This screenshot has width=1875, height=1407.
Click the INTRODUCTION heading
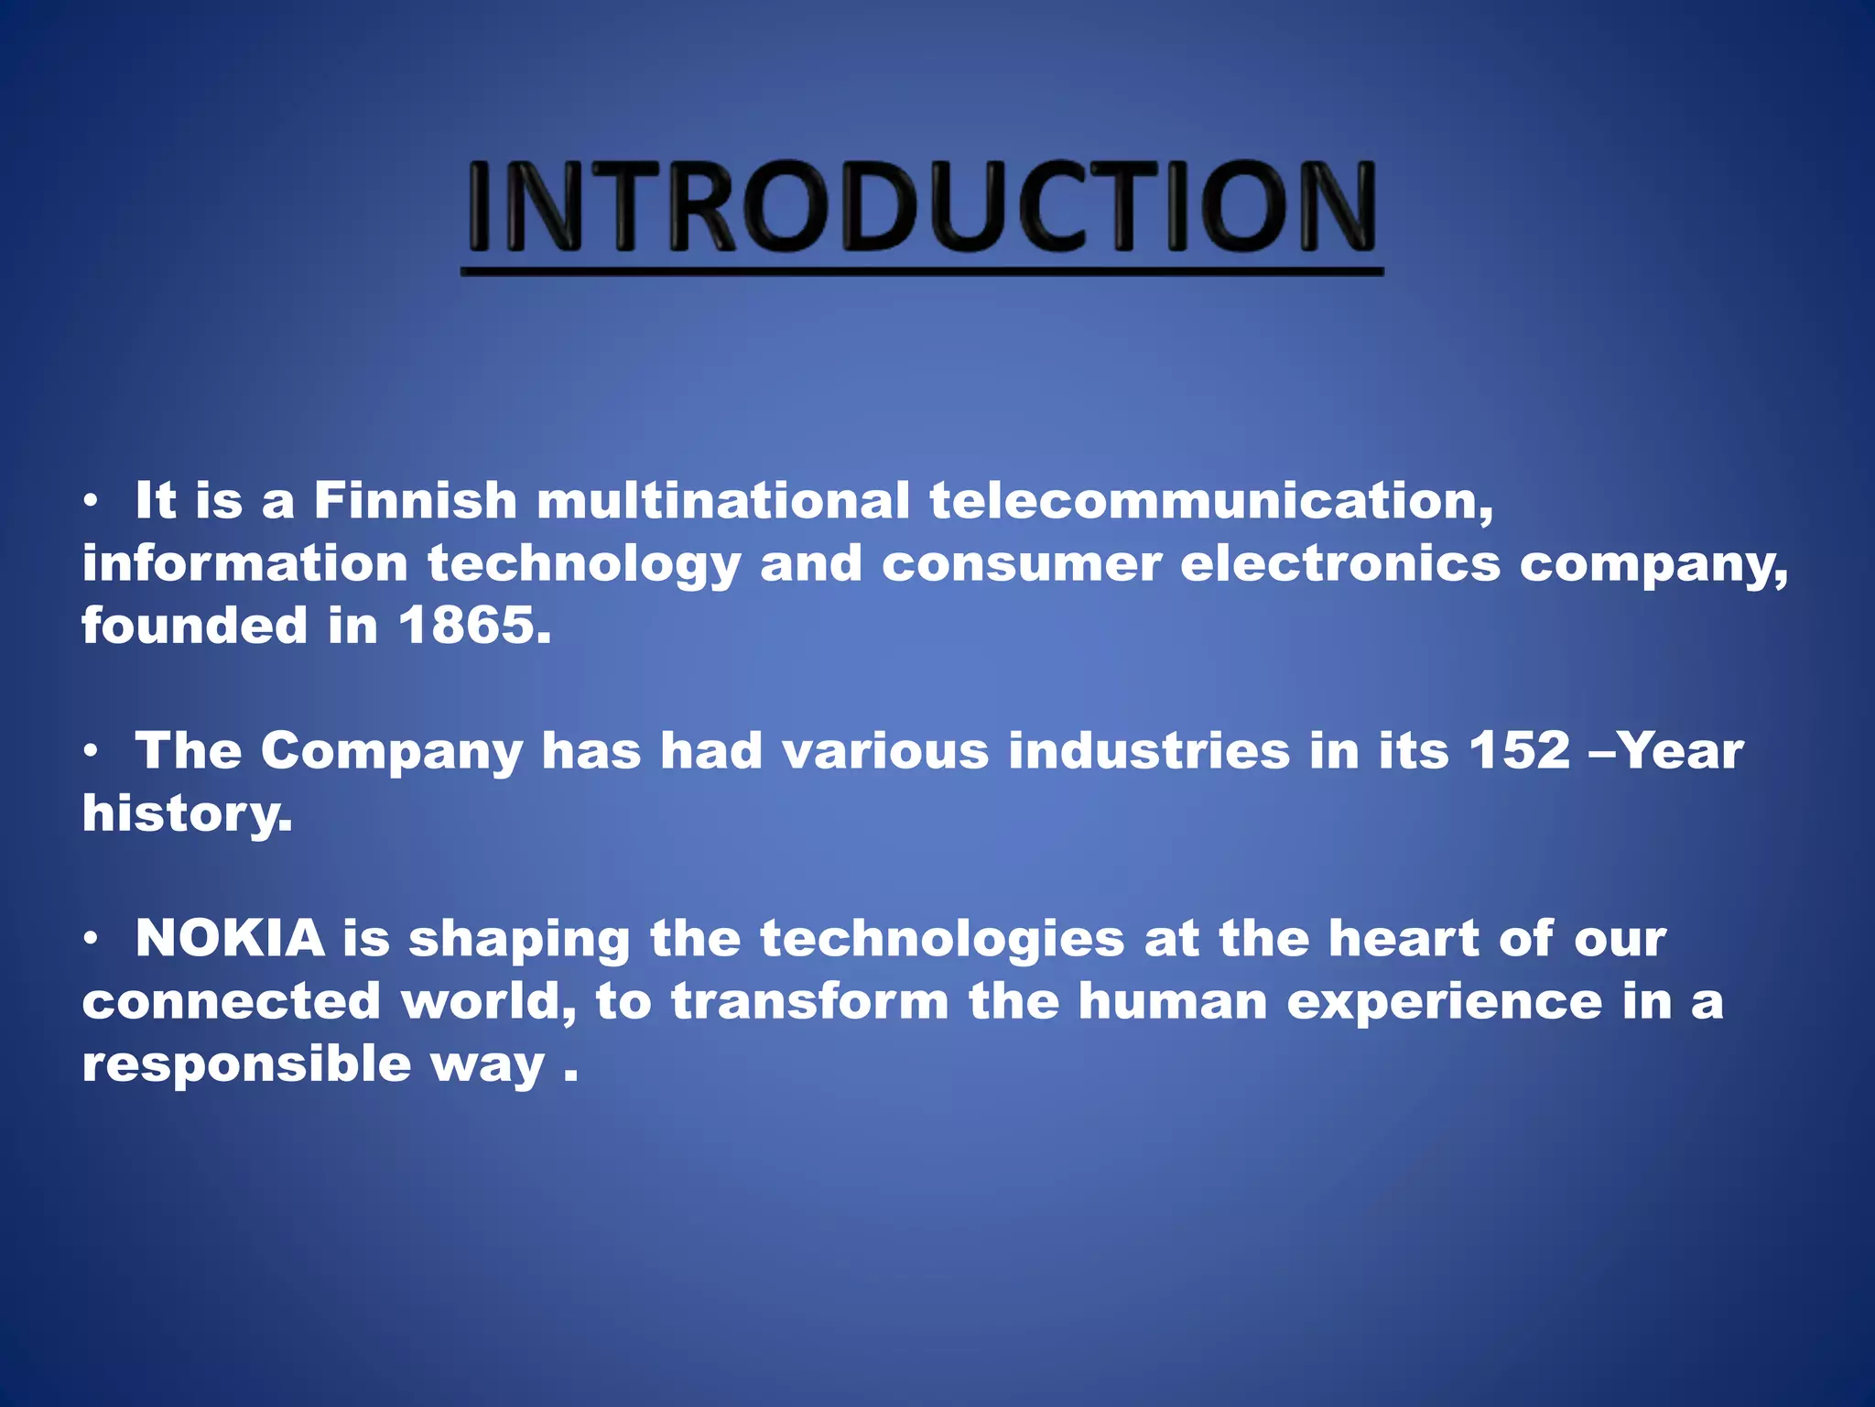921,207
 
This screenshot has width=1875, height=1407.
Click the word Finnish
416,501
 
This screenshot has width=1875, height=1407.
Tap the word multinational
723,501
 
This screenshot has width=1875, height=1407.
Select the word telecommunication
1210,501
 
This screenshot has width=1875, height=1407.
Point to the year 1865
474,626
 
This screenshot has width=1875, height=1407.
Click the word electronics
1340,563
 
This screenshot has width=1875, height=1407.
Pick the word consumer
1022,563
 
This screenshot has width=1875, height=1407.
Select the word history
187,813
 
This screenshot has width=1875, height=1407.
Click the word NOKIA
230,939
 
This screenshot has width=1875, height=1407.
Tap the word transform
810,1001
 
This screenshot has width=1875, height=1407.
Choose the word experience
1445,1001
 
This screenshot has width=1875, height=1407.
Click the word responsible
246,1063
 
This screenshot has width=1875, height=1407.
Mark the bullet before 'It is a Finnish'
90,502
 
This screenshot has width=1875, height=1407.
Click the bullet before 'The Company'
90,752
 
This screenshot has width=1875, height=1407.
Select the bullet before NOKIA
90,940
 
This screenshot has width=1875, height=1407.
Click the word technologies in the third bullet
942,939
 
